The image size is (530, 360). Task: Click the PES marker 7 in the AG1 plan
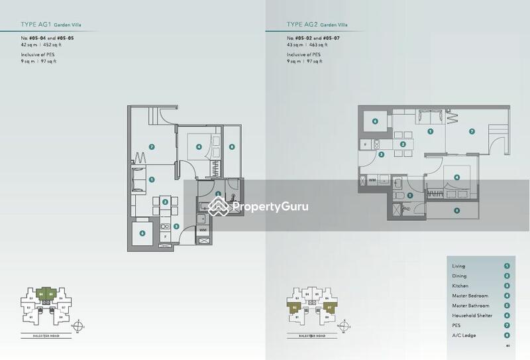[152, 147]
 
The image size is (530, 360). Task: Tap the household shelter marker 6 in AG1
[142, 233]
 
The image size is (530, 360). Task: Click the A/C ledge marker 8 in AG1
[231, 147]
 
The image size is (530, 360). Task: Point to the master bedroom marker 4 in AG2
[456, 177]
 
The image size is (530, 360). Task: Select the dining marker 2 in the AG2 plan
[402, 144]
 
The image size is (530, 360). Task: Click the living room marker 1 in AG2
[431, 131]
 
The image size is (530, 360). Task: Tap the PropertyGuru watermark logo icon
[219, 207]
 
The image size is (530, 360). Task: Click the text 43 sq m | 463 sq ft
[304, 45]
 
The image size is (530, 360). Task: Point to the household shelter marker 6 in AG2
[375, 121]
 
